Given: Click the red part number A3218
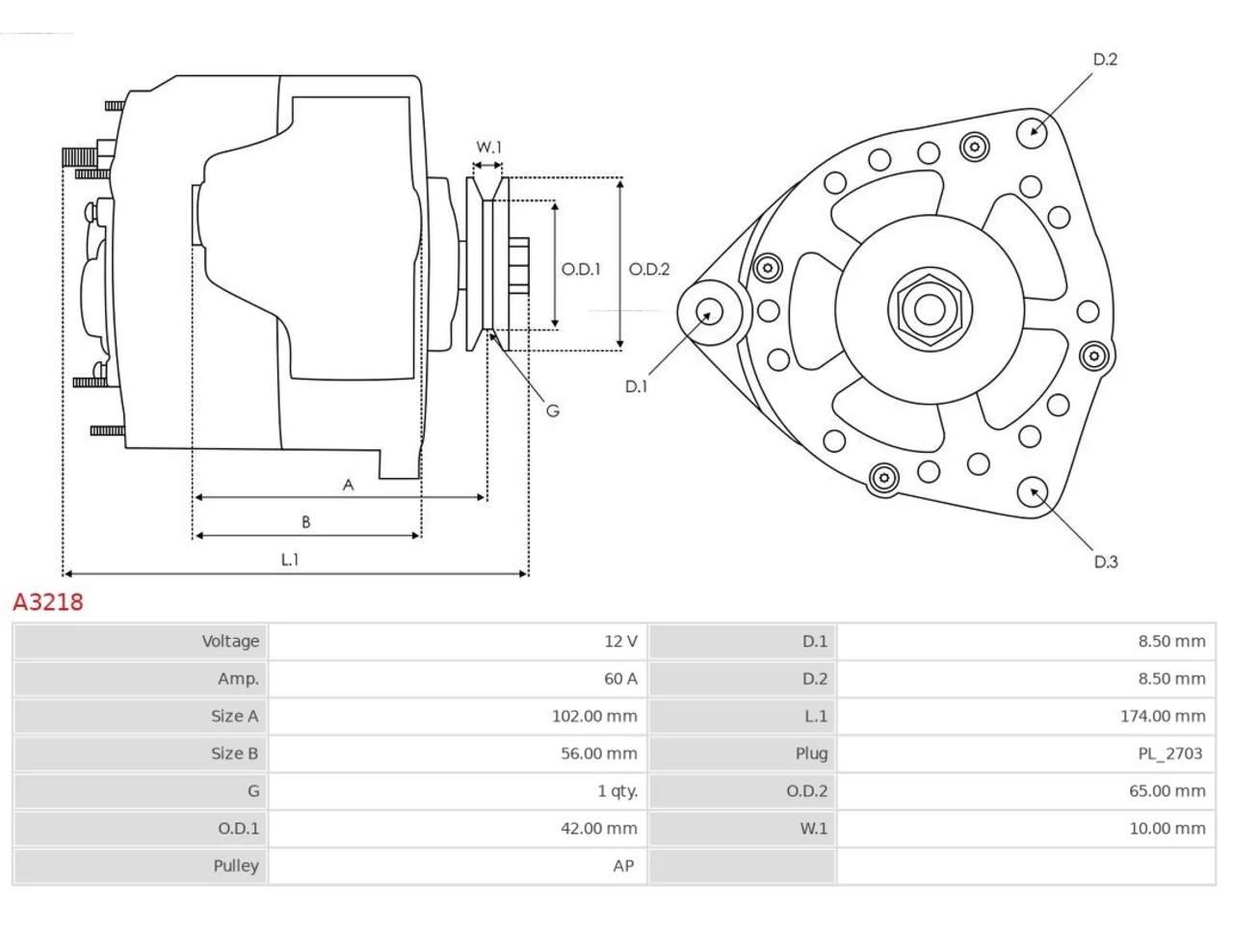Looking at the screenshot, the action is coord(48,602).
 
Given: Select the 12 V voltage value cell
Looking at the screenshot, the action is coord(620,641).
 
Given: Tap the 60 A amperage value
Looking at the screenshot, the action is coord(620,678).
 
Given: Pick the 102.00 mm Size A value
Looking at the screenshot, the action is coord(594,716).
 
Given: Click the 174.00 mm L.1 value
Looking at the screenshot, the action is coord(1163,716).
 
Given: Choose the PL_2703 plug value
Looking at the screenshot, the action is coord(1169,753).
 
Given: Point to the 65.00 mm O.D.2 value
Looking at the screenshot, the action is coord(1167,791).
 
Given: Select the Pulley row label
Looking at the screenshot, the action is coord(236,866).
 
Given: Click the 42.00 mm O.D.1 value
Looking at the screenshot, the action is coord(599,829).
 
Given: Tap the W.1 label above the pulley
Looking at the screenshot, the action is coord(488,147).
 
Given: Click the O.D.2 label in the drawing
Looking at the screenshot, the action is coord(649,269).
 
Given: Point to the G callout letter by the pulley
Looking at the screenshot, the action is coord(553,410).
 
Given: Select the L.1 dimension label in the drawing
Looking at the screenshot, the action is coord(290,560).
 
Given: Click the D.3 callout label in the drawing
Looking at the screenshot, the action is coord(1106,562).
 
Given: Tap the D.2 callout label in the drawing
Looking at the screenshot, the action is coord(1105,59).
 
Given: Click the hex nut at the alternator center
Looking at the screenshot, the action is coord(930,309).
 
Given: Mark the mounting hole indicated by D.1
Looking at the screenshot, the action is coord(710,311).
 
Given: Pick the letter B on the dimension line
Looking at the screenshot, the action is coord(306,521).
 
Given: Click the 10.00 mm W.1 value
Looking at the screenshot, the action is coord(1167,829).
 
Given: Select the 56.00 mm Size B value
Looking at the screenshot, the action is coord(599,753).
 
